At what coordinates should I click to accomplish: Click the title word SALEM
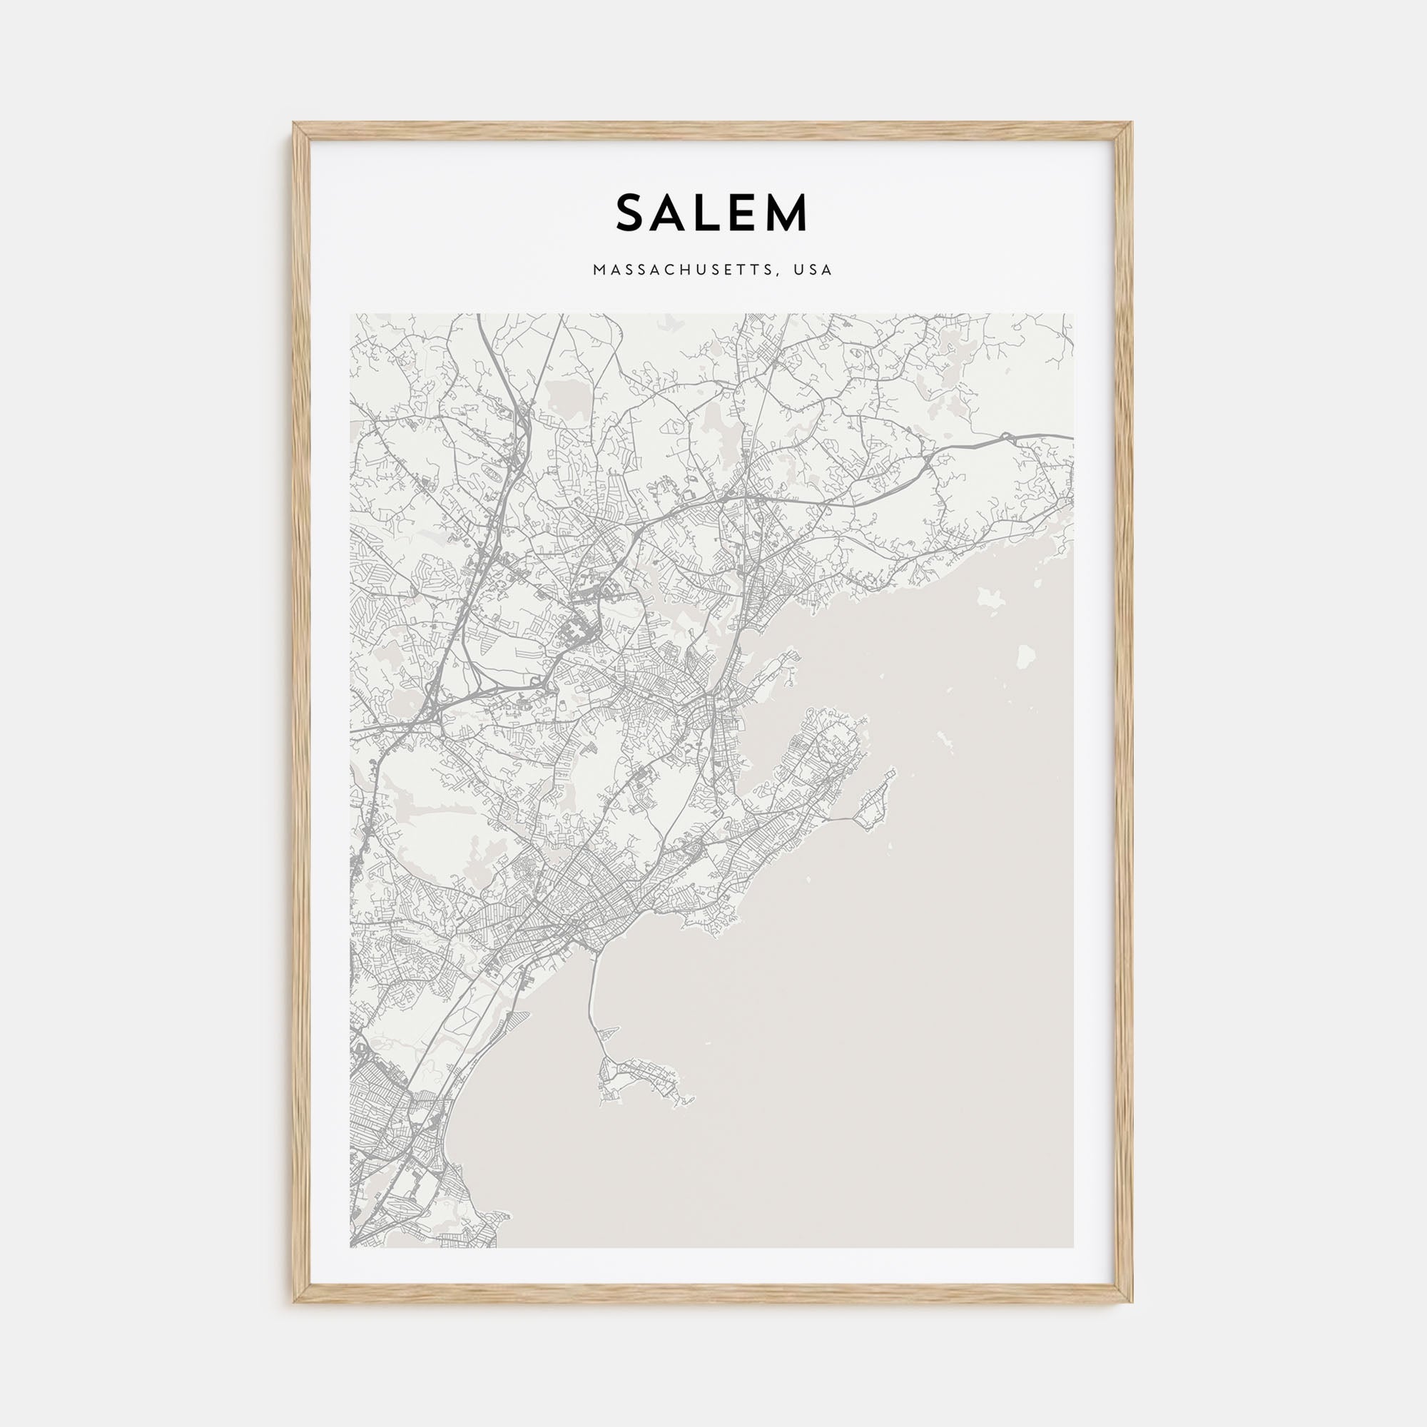coord(712,213)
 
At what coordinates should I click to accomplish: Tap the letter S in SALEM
coord(632,213)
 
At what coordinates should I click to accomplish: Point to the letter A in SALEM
coord(674,213)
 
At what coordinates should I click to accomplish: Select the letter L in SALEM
coord(713,213)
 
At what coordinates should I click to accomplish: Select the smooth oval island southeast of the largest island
coord(1026,654)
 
